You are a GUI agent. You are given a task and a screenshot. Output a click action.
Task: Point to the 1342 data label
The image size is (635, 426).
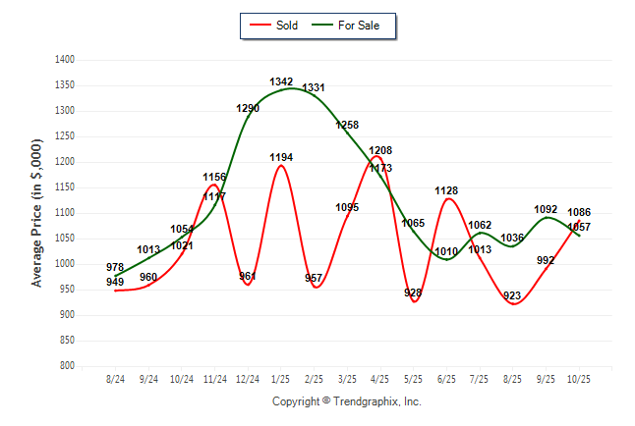281,81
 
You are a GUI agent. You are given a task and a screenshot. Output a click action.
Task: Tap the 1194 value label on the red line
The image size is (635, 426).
281,157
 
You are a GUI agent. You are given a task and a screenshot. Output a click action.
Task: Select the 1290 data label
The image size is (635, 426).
248,108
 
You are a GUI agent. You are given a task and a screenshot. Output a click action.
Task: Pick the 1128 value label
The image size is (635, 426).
447,190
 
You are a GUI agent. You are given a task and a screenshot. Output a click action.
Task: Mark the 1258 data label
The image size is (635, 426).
347,125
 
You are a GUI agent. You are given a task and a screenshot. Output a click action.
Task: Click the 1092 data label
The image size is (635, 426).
546,209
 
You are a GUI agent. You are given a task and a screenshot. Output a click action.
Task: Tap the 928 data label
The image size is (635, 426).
413,293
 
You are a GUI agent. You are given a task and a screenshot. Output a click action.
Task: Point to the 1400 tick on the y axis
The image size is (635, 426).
66,60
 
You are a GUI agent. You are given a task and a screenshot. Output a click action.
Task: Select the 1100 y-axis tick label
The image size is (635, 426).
66,213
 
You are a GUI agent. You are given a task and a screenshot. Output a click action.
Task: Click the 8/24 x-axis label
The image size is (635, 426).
115,379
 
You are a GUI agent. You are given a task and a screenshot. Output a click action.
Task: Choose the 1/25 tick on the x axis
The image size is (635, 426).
281,379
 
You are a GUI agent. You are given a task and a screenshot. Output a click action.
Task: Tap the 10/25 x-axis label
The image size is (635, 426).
579,379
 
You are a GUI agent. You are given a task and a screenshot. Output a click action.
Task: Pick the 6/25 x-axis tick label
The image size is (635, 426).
446,379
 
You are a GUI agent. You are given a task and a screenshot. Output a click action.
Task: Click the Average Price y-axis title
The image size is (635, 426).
37,213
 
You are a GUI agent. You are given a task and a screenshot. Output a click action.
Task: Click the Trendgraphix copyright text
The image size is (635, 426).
346,401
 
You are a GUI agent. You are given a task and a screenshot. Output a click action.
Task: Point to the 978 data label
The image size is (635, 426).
115,267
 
